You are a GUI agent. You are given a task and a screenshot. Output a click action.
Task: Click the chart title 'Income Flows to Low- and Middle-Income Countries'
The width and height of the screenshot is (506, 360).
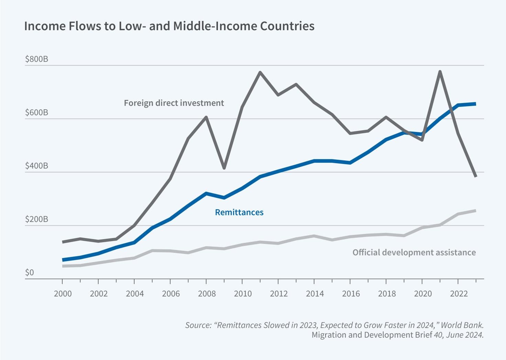click(x=169, y=26)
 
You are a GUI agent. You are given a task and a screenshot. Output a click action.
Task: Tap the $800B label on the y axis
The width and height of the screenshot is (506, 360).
click(x=36, y=59)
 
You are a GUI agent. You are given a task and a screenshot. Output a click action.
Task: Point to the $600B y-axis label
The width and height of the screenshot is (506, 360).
click(x=36, y=113)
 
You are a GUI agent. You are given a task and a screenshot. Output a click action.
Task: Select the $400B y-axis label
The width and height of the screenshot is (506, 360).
click(x=36, y=166)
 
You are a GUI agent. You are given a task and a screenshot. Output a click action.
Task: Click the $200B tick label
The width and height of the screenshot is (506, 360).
click(x=36, y=219)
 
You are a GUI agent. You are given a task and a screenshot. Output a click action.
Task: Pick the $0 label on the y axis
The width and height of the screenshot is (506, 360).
click(x=30, y=272)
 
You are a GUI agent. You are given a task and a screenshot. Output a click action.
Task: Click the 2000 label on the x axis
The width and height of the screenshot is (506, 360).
click(x=63, y=294)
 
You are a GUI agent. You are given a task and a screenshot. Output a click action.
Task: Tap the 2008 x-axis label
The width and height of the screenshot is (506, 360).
click(x=207, y=294)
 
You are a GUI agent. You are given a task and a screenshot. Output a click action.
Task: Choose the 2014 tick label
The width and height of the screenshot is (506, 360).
click(x=315, y=294)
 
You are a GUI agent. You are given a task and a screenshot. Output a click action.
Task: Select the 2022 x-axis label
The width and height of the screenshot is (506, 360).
click(x=459, y=294)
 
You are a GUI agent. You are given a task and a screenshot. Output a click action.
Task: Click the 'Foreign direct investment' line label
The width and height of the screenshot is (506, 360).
click(x=174, y=103)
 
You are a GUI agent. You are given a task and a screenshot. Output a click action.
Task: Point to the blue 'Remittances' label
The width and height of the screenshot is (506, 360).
click(x=239, y=212)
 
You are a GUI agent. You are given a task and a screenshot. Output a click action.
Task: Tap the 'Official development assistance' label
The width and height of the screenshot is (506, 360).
click(x=414, y=252)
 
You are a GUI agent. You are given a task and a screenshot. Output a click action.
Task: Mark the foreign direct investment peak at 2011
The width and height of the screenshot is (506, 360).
click(x=260, y=72)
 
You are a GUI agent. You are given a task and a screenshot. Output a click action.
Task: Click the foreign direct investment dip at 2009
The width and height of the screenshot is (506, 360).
click(x=224, y=168)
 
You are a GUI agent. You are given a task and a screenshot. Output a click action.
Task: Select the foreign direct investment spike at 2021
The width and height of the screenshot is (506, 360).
click(x=440, y=71)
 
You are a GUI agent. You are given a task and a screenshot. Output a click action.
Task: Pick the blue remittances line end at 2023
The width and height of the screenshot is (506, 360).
click(x=475, y=104)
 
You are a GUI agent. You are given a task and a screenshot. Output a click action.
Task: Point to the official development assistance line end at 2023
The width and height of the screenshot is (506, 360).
click(x=475, y=211)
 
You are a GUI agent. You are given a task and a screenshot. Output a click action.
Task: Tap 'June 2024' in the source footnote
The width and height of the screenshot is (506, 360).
click(x=466, y=335)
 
